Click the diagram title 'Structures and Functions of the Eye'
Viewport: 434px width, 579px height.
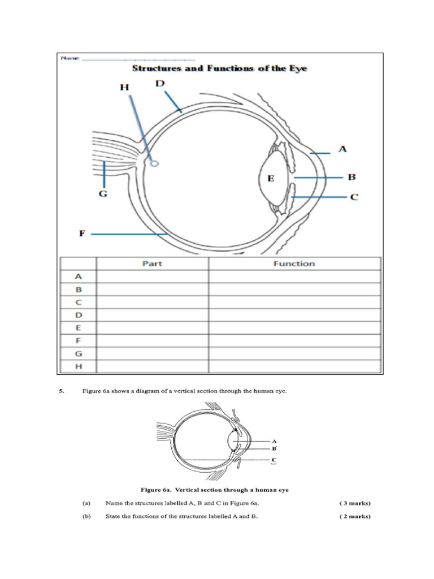click(219, 68)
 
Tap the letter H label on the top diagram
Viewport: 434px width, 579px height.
click(124, 87)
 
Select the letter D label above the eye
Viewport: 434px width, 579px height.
click(160, 84)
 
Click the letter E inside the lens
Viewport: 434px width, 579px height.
click(271, 179)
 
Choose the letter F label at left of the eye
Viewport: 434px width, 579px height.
click(81, 233)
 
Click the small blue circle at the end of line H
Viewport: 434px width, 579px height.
click(155, 164)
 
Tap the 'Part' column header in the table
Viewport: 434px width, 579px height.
click(152, 263)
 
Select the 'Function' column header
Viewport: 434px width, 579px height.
click(294, 263)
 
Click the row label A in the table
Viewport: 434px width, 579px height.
click(79, 276)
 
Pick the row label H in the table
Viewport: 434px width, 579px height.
click(79, 366)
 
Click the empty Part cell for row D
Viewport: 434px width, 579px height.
click(152, 315)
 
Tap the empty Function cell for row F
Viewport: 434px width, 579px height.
click(294, 341)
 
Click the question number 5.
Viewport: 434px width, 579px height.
click(61, 391)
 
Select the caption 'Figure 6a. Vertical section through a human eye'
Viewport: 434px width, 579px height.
click(218, 489)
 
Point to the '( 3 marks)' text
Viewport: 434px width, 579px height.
click(355, 503)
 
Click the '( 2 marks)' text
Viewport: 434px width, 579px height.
click(355, 516)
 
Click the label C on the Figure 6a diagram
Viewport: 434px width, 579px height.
click(274, 460)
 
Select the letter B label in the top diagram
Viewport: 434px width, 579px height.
click(351, 177)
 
